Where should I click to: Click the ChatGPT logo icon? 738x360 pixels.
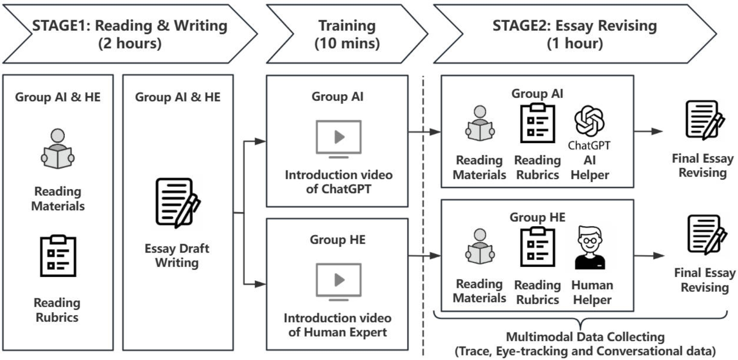tap(589, 121)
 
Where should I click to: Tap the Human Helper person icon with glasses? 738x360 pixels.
tap(590, 248)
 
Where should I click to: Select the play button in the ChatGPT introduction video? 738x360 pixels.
tap(339, 137)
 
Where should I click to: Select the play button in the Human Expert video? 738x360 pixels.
tap(339, 280)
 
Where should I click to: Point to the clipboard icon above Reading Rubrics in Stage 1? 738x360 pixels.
tap(58, 255)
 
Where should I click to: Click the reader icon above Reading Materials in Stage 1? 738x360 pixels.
tap(58, 149)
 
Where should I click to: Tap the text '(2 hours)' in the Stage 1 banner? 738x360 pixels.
tap(130, 44)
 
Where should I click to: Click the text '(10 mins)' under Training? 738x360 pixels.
tap(347, 44)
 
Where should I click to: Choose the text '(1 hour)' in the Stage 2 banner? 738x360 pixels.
tap(575, 44)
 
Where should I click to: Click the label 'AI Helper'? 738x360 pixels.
tap(590, 168)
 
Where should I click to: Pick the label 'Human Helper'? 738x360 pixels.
tap(592, 292)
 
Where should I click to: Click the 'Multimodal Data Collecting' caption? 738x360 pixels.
tap(585, 337)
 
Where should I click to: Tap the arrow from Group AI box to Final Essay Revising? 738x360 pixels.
tap(648, 131)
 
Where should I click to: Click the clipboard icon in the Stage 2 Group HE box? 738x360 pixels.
tap(538, 247)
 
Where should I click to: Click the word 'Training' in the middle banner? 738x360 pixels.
tap(347, 26)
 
